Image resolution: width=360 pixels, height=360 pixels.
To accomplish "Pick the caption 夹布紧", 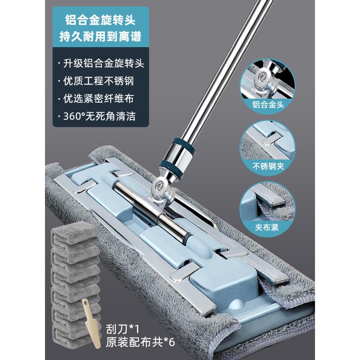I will (272, 227).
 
